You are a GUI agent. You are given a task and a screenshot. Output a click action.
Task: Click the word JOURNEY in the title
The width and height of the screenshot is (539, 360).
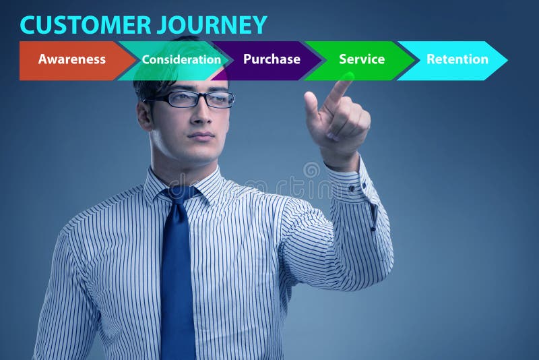click(x=212, y=25)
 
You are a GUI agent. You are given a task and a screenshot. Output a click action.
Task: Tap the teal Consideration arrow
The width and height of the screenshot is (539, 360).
click(x=181, y=60)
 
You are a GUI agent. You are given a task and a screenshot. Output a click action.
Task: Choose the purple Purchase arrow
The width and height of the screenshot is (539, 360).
click(x=272, y=60)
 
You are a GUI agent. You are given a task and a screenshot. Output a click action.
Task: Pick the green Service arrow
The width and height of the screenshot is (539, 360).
click(x=362, y=60)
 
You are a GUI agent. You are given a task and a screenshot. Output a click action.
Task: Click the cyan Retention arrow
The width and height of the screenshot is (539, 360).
click(x=457, y=60)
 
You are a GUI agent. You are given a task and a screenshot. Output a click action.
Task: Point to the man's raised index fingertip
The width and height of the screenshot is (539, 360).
click(x=346, y=80)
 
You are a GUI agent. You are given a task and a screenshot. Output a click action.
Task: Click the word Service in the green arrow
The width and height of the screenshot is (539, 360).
click(x=362, y=59)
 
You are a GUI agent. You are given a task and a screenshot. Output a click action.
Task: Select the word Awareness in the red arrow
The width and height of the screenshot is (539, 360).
click(x=71, y=59)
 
